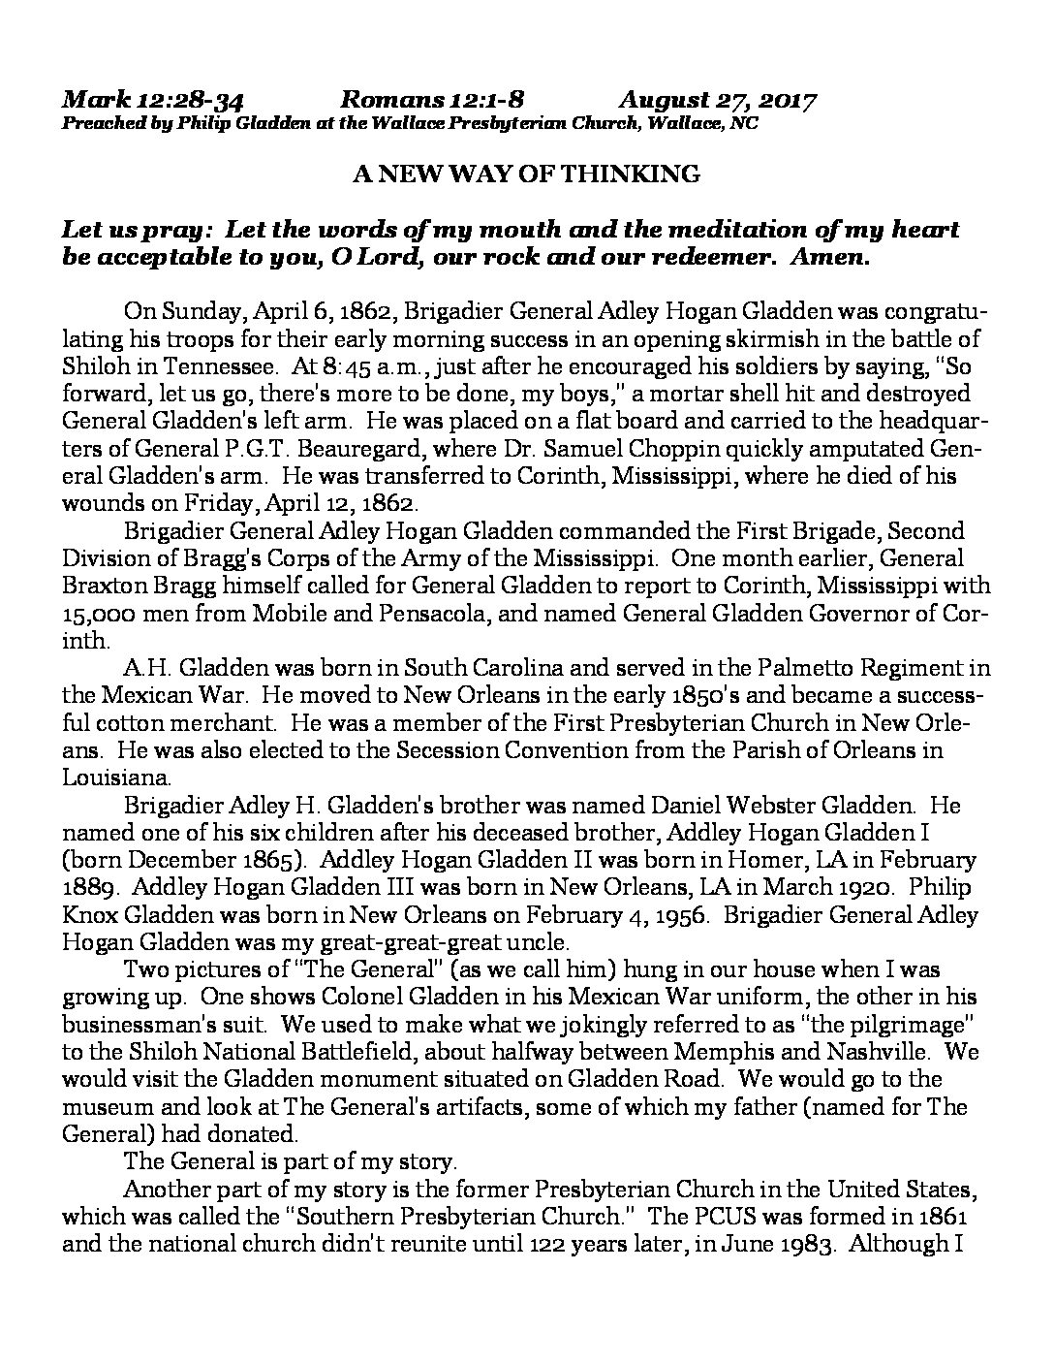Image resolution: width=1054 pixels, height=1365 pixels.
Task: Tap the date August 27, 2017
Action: pyautogui.click(x=717, y=101)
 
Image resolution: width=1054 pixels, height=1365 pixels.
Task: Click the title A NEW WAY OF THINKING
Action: pyautogui.click(x=526, y=175)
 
